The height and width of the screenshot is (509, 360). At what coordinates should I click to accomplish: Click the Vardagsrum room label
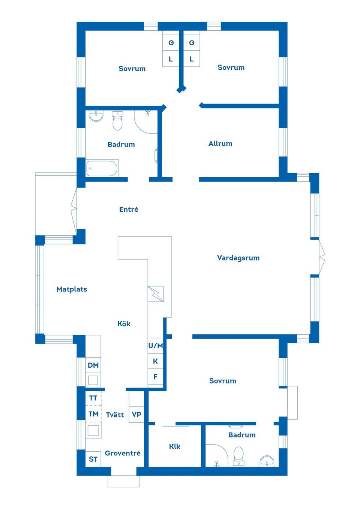coord(238,258)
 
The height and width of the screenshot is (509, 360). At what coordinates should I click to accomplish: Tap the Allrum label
coord(220,144)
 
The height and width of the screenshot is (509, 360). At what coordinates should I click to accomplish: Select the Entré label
coord(129,210)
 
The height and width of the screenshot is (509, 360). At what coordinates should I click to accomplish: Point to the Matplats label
coord(72,289)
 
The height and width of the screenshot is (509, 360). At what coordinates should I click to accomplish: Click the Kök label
coord(124,324)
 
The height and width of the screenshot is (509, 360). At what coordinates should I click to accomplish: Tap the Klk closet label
coord(174,446)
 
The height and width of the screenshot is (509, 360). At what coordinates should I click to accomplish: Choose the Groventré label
coord(123,453)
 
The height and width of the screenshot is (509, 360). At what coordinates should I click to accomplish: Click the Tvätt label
coord(115,415)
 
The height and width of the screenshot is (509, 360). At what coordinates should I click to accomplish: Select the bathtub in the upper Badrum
coord(102,168)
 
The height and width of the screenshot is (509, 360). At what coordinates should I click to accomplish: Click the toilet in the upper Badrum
coord(117,121)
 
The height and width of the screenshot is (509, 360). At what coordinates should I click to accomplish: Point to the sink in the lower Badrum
coord(267,461)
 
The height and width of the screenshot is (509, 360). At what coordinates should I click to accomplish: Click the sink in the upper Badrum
coord(96,116)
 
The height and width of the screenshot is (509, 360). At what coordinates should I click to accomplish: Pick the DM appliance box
coord(93,365)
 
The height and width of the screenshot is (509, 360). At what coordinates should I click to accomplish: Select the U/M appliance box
coord(156,346)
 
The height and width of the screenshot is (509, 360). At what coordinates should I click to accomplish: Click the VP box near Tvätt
coord(136,415)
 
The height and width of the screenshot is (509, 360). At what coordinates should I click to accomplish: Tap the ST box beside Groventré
coord(93,459)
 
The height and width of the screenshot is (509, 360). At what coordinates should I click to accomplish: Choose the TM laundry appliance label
coord(93,414)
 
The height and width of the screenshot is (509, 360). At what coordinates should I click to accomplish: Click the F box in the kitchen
coord(156,377)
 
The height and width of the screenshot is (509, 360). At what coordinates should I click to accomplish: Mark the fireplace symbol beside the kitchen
coord(156,294)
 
